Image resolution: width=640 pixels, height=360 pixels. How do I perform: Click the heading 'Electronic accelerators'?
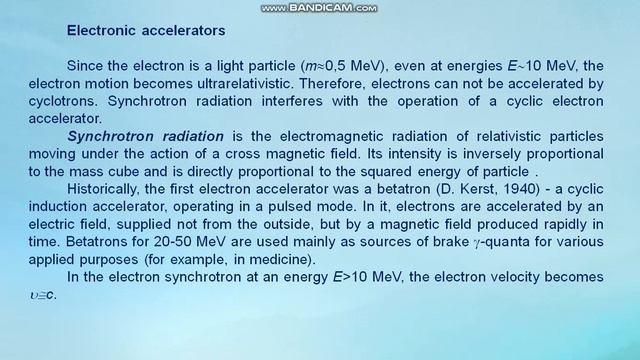[x=145, y=31]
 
